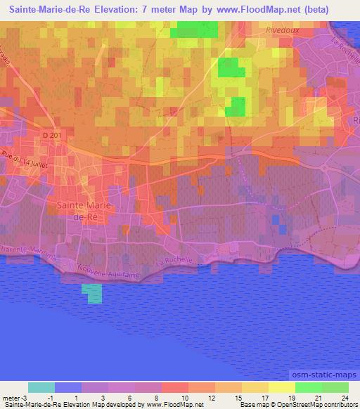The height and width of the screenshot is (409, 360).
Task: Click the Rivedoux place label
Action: click(283, 30)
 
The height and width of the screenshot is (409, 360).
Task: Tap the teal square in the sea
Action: click(91, 294)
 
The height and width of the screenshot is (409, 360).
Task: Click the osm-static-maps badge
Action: click(324, 375)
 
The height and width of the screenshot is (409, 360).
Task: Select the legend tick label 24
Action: click(344, 398)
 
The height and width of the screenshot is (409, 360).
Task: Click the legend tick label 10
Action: click(184, 398)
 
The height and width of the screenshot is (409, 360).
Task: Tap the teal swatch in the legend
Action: click(41, 387)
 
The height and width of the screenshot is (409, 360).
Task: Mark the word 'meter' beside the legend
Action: click(12, 398)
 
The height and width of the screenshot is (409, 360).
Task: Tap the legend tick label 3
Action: click(103, 398)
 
